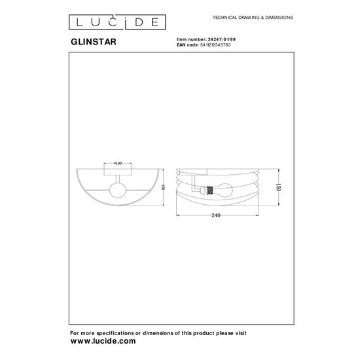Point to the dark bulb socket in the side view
pyautogui.click(x=209, y=191)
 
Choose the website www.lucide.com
pyautogui.click(x=102, y=341)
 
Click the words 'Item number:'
pyautogui.click(x=189, y=39)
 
